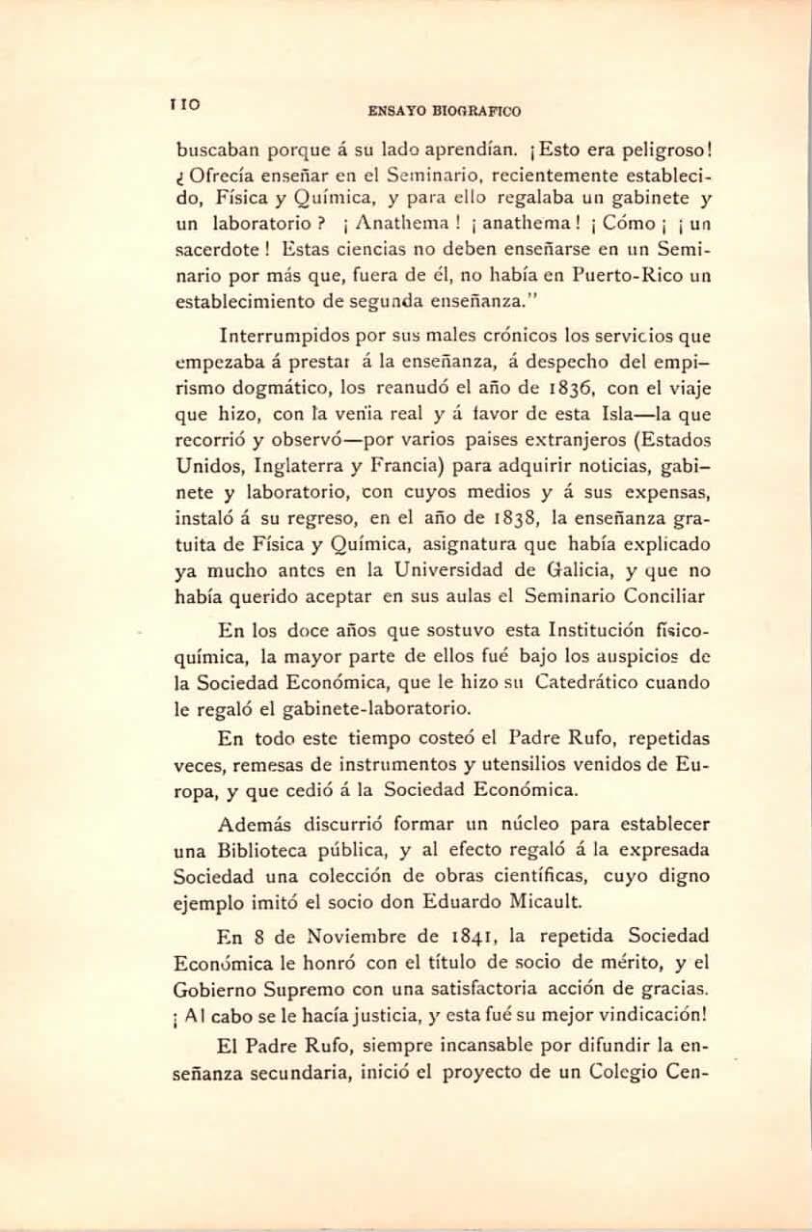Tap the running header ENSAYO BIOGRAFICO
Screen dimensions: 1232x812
click(445, 111)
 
